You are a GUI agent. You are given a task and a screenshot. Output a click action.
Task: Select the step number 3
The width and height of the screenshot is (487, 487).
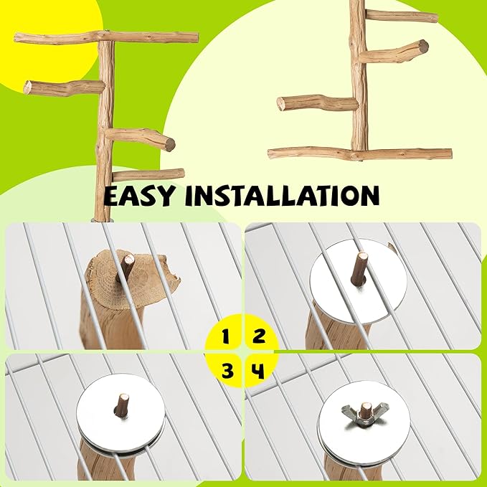227,370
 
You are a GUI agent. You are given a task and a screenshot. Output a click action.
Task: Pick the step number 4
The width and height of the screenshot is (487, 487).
259,370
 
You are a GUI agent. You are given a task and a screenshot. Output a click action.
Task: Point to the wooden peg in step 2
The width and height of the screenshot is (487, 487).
359,268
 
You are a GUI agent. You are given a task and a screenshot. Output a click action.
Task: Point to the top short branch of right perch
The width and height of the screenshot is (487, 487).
402,16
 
